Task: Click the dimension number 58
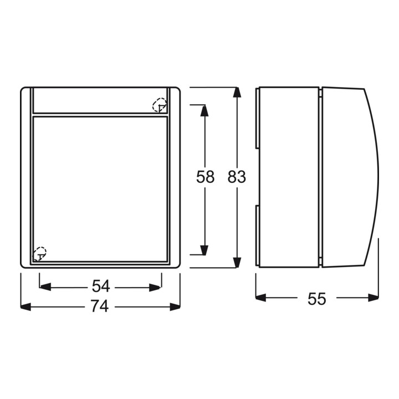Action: [205, 177]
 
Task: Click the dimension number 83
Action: [237, 177]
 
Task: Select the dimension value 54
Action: [101, 286]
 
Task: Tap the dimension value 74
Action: [100, 305]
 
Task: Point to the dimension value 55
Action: [316, 299]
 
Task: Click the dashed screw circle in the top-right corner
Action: [160, 105]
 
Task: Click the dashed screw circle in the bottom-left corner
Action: [40, 254]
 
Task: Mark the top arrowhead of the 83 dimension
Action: [237, 92]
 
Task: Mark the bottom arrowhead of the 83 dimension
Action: [237, 263]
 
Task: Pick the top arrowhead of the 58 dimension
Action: [204, 110]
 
